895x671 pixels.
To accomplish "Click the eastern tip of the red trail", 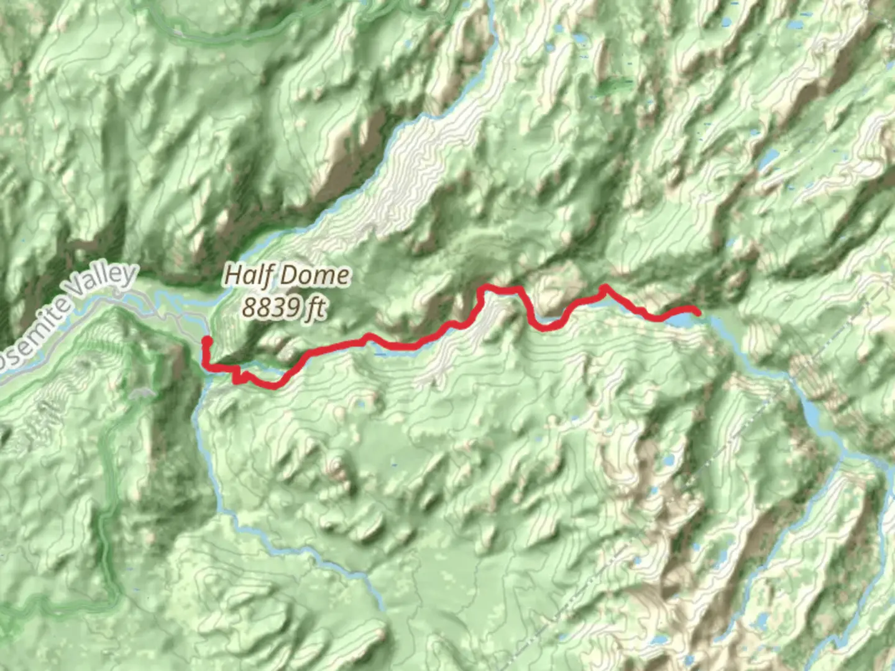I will pos(699,313).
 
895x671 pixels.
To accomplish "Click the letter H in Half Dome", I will pos(232,275).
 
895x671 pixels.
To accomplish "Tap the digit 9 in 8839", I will pos(294,307).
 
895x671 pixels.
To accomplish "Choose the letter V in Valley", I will pos(75,292).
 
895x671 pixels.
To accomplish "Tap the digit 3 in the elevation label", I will pos(278,307).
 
